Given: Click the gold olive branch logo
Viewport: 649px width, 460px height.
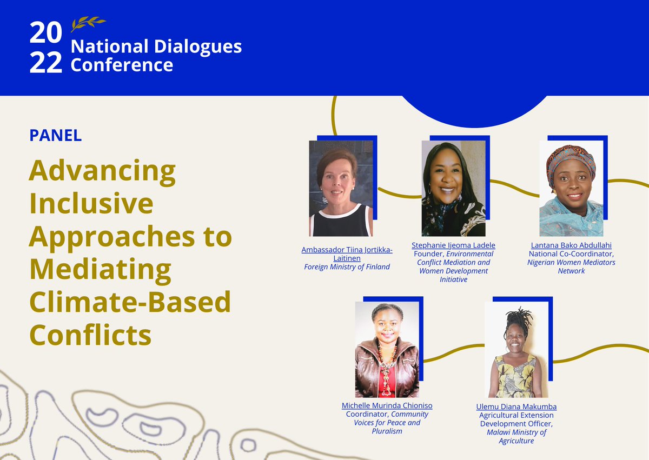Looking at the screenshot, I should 88,23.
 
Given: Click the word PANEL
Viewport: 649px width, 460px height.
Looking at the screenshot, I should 55,135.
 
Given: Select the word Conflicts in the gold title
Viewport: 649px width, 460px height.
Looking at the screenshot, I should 90,335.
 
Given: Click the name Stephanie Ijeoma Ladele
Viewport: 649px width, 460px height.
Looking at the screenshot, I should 453,245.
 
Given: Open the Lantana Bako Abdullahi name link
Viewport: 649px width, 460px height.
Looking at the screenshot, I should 571,245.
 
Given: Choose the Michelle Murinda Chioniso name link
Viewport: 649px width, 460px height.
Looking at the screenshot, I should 387,405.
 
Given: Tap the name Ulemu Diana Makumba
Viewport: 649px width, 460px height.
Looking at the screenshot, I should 516,406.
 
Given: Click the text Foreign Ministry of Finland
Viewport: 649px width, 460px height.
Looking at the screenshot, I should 347,266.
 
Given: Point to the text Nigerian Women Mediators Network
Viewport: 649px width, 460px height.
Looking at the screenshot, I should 571,266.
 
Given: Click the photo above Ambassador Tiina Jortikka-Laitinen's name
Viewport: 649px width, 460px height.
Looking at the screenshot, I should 341,188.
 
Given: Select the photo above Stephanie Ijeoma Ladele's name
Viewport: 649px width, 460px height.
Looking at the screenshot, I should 453,188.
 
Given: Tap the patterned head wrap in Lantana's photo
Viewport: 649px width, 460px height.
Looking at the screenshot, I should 571,159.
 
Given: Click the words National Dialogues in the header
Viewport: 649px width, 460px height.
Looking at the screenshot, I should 156,46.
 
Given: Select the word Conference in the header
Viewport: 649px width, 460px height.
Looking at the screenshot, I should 122,65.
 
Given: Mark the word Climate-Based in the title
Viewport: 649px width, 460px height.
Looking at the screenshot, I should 130,302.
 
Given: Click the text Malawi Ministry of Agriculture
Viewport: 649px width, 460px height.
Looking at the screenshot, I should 516,436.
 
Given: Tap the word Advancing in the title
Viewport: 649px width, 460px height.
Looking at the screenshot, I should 102,171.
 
